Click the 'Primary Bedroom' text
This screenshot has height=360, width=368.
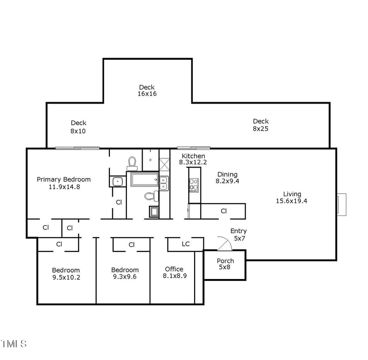pos(63,180)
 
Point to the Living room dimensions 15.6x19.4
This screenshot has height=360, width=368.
pos(292,201)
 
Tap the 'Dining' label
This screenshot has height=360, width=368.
pos(227,174)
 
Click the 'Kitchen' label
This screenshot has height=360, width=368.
pos(193,156)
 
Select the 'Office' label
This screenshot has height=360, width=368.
pos(174,269)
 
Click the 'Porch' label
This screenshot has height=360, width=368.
pos(225,261)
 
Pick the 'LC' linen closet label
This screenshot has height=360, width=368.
pos(185,244)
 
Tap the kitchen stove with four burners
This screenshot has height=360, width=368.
pos(194,185)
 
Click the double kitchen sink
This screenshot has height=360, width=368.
pos(164,183)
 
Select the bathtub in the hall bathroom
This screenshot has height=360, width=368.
pos(144,180)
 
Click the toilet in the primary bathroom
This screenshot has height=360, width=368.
pos(132,163)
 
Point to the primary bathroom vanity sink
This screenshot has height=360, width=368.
pos(118,181)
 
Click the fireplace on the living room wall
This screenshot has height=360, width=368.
pos(341,204)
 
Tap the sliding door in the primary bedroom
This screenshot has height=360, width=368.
pos(77,148)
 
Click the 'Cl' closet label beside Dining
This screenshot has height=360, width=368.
pos(224,211)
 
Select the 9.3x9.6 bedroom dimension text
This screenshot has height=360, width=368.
pos(125,277)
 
